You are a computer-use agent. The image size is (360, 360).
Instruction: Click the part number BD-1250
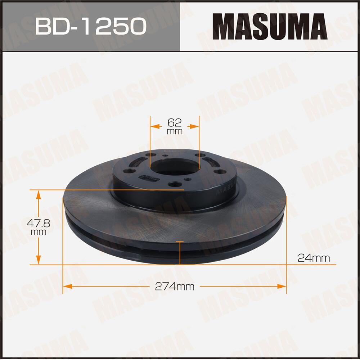click(90, 26)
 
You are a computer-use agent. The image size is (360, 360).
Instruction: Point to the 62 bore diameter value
click(175, 122)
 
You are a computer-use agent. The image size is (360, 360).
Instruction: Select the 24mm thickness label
click(314, 257)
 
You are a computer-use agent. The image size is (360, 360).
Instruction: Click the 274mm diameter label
click(175, 287)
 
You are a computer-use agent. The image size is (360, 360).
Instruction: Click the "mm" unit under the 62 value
click(175, 131)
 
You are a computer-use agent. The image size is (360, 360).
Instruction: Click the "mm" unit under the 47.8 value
click(38, 232)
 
